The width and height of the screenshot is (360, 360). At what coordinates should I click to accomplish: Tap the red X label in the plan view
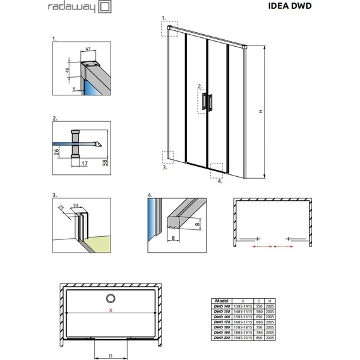111,310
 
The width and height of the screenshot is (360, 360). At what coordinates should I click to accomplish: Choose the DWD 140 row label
222,307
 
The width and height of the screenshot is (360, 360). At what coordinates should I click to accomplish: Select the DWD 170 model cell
222,323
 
